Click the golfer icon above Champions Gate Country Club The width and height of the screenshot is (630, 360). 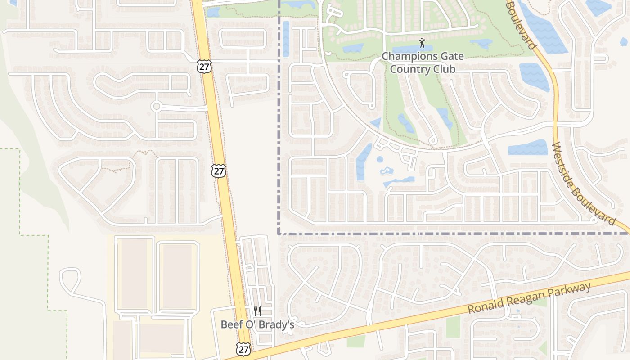click(422, 43)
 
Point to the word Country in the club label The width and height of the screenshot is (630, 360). click(409, 69)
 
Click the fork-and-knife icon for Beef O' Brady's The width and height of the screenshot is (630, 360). click(257, 311)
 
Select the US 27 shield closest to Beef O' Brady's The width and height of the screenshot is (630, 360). click(243, 349)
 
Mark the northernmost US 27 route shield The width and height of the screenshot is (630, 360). click(203, 66)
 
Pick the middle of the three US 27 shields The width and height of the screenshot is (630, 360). click(219, 171)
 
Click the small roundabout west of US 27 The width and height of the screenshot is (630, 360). click(156, 106)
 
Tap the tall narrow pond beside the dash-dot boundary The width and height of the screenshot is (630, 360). click(286, 39)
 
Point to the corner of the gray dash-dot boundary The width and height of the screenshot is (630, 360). click(279, 234)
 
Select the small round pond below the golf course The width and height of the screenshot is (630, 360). click(380, 159)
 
